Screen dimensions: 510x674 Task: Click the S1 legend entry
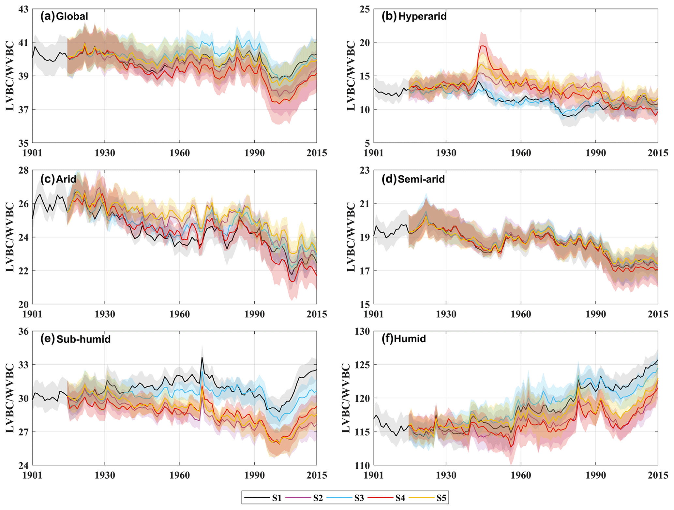pos(277,498)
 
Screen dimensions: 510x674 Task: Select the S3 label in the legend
pos(359,498)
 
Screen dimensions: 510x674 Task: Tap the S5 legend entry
pos(441,498)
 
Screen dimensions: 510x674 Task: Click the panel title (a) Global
pos(64,16)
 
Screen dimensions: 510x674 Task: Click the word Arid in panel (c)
pos(66,179)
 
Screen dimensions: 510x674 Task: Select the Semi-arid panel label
pos(421,179)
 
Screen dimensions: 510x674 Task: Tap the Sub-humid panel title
pos(83,339)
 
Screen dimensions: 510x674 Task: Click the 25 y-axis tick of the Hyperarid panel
pos(365,9)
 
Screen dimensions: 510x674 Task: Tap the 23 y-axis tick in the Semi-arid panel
pos(365,170)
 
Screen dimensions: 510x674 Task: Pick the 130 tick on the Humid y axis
pos(363,331)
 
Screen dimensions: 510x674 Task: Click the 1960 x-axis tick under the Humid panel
pos(521,475)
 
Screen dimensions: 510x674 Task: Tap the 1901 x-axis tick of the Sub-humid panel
pos(33,475)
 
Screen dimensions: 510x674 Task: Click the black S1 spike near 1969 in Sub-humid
pos(202,357)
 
